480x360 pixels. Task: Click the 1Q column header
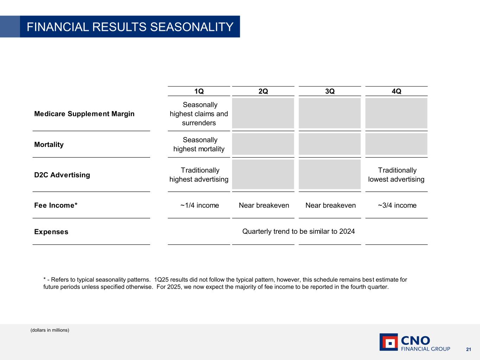click(199, 91)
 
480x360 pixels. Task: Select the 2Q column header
click(263, 91)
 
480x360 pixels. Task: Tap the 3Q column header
click(330, 91)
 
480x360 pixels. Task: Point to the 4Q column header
click(396, 91)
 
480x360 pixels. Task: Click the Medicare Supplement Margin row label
click(84, 114)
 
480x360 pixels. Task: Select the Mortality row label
click(49, 144)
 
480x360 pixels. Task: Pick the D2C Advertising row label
click(62, 175)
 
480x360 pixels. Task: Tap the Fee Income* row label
click(56, 205)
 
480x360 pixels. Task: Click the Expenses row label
click(51, 232)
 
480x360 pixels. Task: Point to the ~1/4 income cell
click(199, 205)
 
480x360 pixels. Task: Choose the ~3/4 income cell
click(397, 205)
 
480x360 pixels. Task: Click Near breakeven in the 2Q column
click(264, 205)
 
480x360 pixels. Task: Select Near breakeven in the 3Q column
click(331, 205)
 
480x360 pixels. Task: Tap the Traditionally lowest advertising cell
click(396, 175)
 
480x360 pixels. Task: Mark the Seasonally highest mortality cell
click(199, 144)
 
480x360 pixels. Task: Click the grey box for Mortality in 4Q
click(396, 144)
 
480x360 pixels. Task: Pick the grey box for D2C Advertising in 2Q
click(263, 174)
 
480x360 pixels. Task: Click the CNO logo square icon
click(389, 342)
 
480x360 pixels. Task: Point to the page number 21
click(468, 349)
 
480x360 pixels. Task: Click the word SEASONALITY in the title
click(192, 27)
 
